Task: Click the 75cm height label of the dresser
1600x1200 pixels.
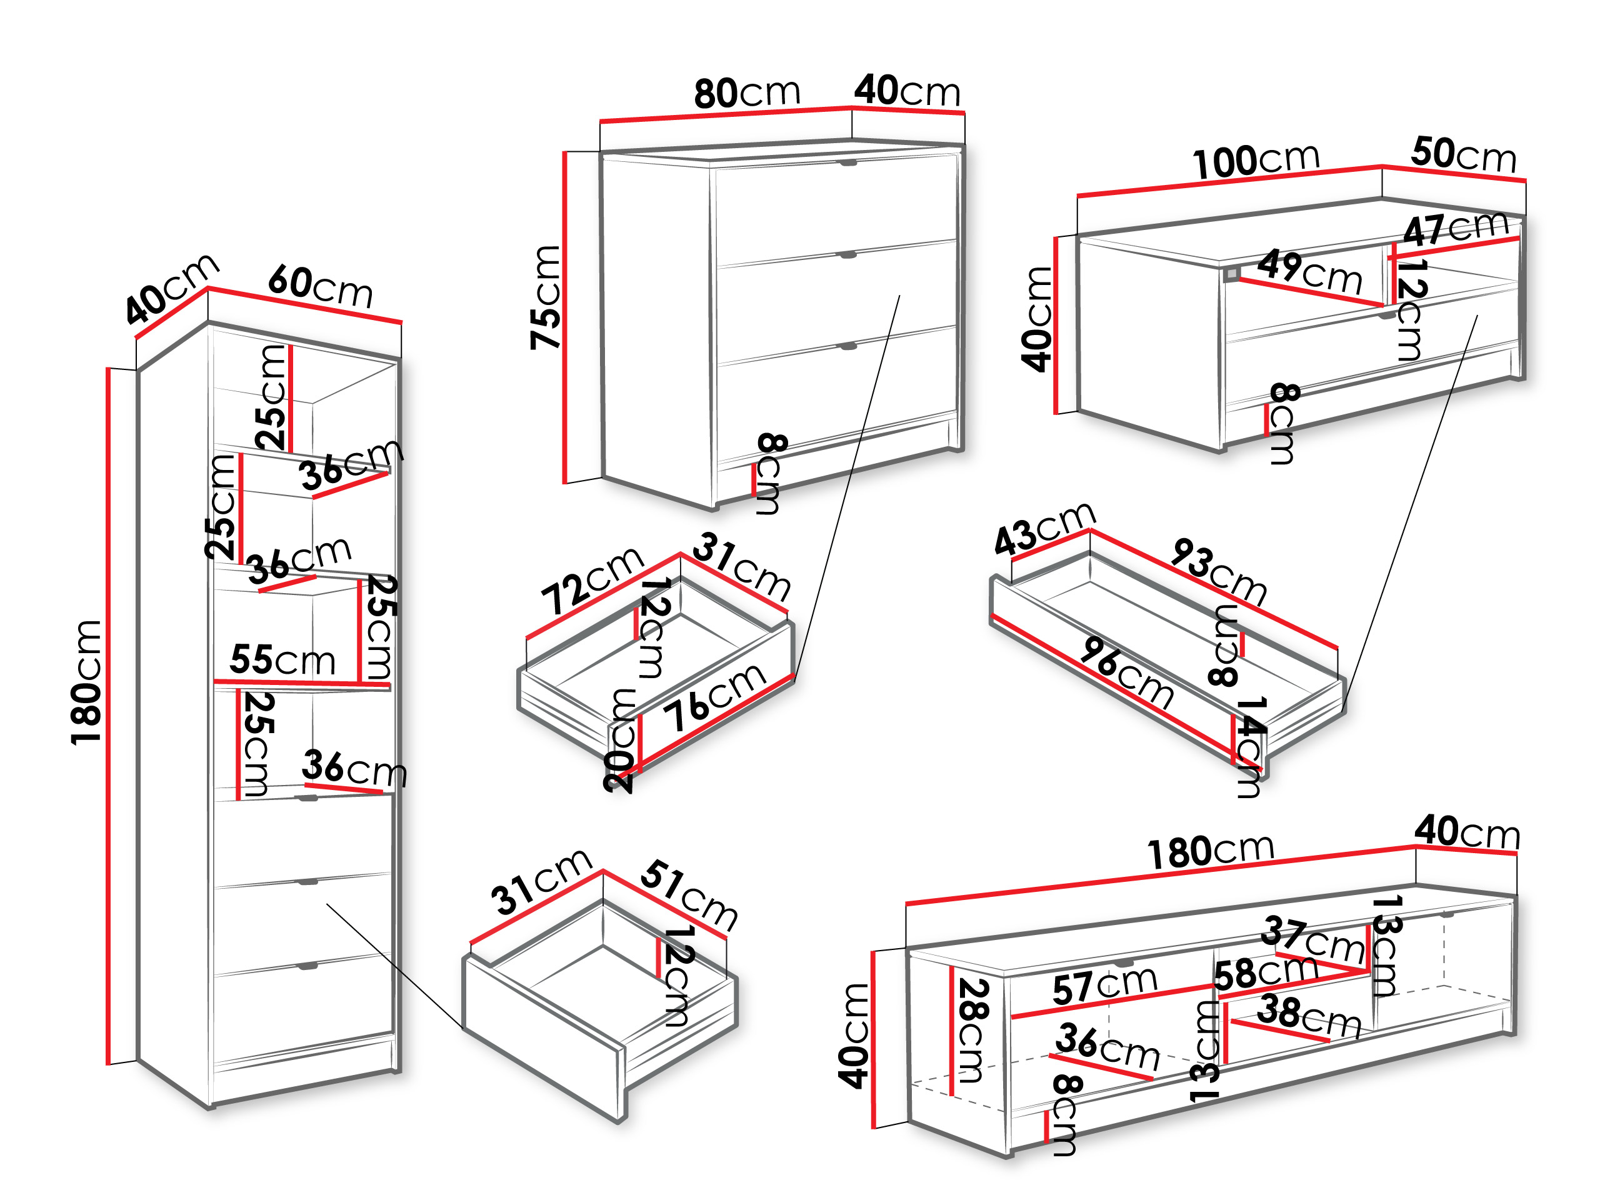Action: (546, 297)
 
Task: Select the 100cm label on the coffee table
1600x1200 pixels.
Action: (1256, 161)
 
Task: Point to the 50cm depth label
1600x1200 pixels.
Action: (1462, 155)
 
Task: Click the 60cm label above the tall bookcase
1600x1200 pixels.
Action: (321, 286)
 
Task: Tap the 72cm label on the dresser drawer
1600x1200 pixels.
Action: (592, 581)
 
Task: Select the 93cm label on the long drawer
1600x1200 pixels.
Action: (1219, 572)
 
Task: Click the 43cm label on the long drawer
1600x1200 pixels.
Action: (1044, 529)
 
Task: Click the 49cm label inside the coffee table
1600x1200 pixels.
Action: (1309, 272)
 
